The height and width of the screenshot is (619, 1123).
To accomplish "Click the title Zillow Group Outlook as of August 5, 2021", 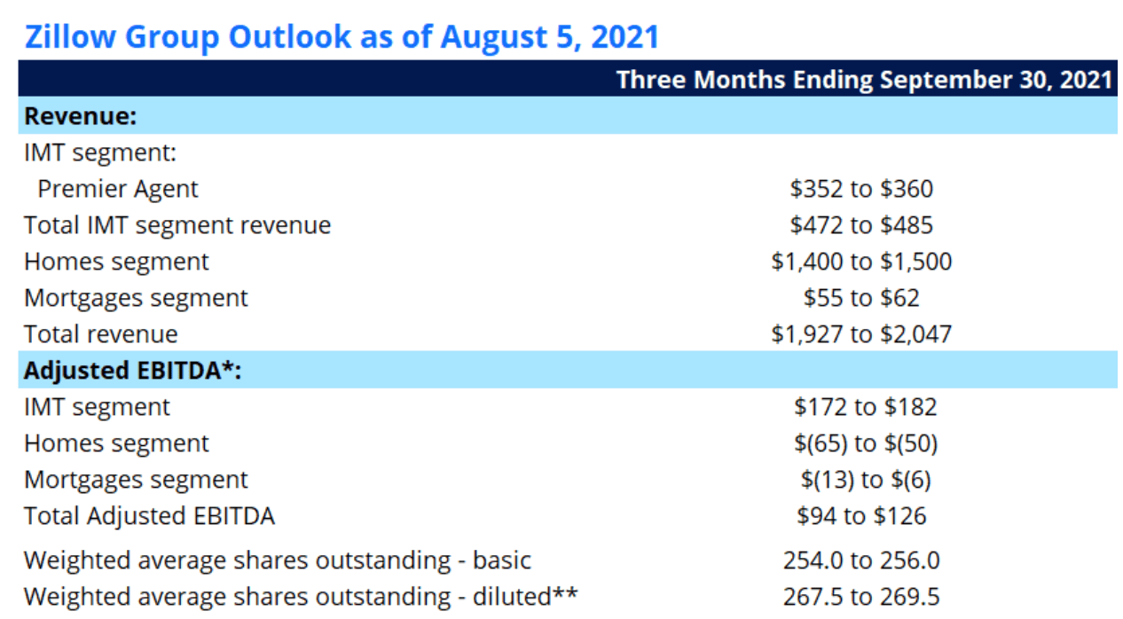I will pos(342,37).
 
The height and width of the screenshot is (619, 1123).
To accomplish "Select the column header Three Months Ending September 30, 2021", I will pos(864,80).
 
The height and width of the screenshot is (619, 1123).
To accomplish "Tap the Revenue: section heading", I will pos(80,116).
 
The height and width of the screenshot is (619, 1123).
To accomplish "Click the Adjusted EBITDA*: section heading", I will pos(133,371).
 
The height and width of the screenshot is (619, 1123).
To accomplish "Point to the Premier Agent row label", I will pos(118,189).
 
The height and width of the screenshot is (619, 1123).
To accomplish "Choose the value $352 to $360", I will pos(861,189).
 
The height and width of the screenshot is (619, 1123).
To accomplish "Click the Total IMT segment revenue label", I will pos(177,225).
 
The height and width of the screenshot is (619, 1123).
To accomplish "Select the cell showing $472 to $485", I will pos(861,225).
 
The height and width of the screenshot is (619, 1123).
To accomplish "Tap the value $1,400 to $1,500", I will pos(861,262).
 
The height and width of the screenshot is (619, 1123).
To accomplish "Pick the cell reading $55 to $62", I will pos(861,298).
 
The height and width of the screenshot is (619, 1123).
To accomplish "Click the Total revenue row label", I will pos(100,334).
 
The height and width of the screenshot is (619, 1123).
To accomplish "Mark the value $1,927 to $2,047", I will pos(861,334).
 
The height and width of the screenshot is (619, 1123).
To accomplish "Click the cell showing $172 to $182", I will pos(865,407).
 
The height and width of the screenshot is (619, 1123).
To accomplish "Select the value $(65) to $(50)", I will pos(865,443).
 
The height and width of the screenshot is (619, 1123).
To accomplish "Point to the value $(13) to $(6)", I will pos(865,480).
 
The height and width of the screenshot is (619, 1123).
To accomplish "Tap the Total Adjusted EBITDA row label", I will pos(149,516).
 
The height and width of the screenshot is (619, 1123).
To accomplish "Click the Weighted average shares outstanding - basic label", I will pos(278,560).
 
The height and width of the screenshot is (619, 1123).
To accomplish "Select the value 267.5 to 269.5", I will pos(861,597).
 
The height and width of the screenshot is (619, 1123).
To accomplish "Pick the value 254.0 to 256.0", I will pos(861,560).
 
